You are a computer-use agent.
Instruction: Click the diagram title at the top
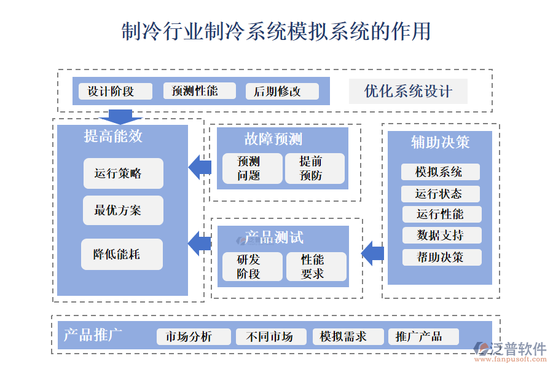[276, 31]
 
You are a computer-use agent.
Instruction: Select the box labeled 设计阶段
[115, 92]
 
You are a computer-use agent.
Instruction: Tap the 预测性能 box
[199, 91]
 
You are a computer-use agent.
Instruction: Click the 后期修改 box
[282, 92]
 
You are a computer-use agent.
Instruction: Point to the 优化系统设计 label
[408, 92]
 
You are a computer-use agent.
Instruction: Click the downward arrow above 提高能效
[120, 117]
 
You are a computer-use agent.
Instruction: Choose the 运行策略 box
[123, 173]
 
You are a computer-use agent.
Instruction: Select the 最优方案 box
[123, 210]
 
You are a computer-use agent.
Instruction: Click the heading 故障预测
[273, 140]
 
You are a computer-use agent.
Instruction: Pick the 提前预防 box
[315, 169]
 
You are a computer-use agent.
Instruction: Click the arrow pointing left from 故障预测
[199, 167]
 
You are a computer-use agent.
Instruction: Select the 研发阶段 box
[249, 267]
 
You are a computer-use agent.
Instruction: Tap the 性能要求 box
[316, 267]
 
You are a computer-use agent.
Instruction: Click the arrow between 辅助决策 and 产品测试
[372, 253]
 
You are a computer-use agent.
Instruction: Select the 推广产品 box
[423, 336]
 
